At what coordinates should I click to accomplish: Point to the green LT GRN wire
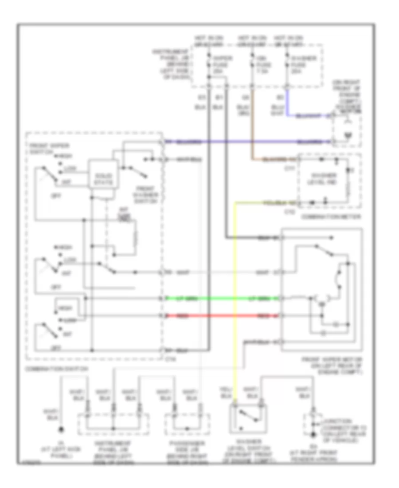tap(222, 299)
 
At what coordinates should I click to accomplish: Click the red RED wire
tap(222, 316)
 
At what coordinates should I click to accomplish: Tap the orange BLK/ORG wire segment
tap(252, 133)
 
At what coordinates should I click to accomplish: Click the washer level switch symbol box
tap(248, 418)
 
